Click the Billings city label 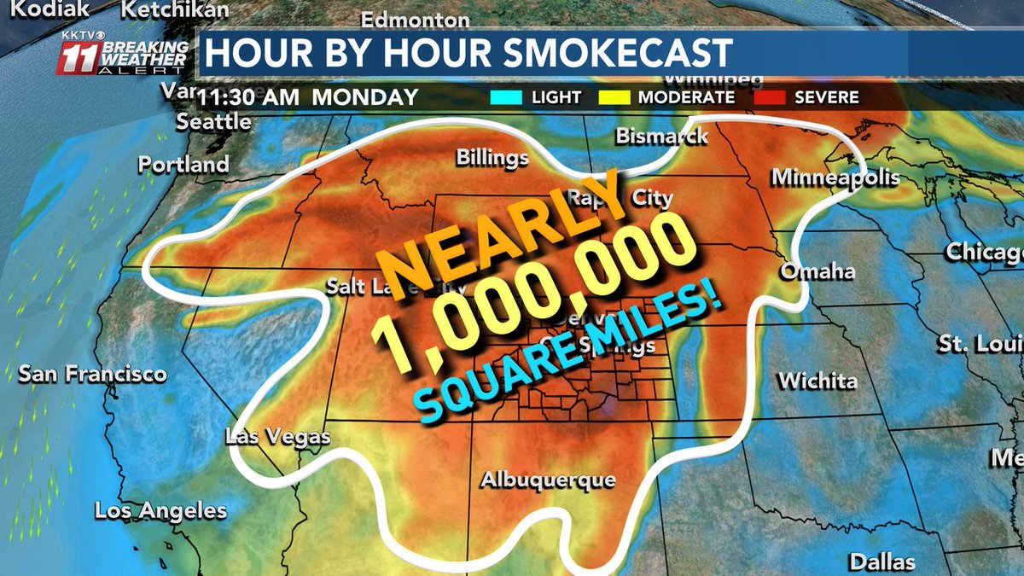pos(492,158)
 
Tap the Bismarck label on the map pos(661,137)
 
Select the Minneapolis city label pos(835,177)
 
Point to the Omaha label pos(817,271)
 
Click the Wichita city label pos(817,381)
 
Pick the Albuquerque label pos(548,480)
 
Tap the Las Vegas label pos(277,437)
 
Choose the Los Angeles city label pos(161,511)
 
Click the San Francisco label pos(92,375)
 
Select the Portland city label pos(184,164)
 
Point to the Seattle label pos(213,121)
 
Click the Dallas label pos(881,561)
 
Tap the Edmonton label pos(416,20)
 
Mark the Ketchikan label pos(175,10)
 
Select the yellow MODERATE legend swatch pos(620,97)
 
